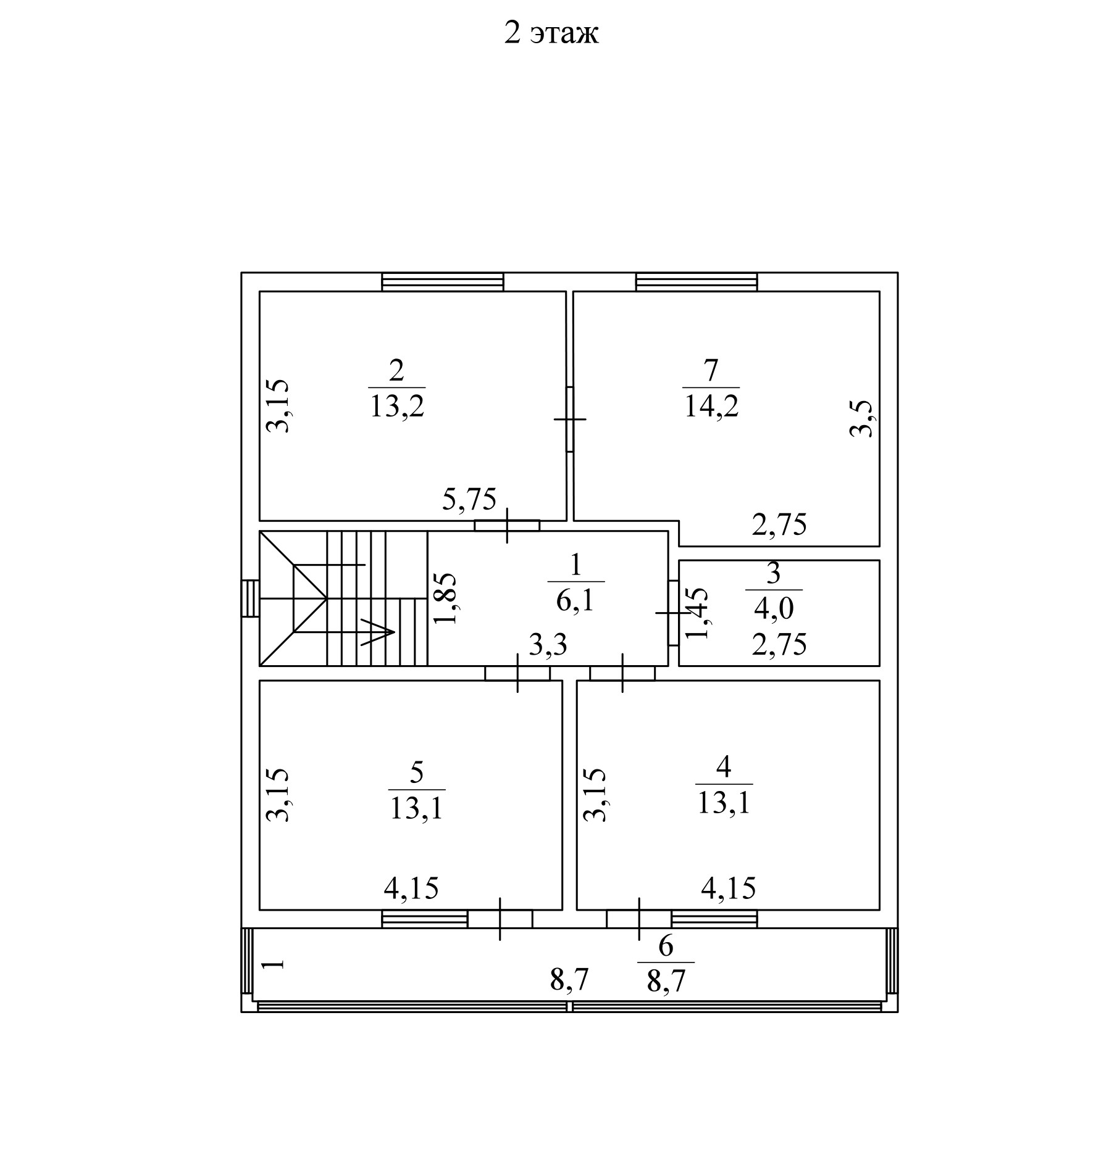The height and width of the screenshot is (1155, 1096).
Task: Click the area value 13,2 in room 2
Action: [x=397, y=407]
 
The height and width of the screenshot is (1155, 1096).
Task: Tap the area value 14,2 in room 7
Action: [x=711, y=407]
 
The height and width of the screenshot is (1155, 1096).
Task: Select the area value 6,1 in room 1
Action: [x=575, y=600]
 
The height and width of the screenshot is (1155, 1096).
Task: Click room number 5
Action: [x=417, y=772]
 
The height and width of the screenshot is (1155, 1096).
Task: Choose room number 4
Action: [x=724, y=768]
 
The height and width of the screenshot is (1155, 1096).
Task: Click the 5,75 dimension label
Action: [x=469, y=499]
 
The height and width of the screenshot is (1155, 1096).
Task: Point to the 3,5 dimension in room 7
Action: [x=862, y=419]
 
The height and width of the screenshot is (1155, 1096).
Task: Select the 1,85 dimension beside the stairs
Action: [x=445, y=598]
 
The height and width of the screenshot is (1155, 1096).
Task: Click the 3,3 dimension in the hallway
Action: [x=548, y=645]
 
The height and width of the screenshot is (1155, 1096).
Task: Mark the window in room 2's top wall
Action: [x=442, y=282]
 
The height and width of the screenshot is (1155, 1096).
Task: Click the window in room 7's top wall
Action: [x=697, y=282]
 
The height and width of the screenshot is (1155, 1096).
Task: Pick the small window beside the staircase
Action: [x=249, y=598]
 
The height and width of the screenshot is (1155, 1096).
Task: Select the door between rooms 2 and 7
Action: [x=569, y=420]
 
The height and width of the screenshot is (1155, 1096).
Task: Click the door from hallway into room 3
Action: [x=673, y=613]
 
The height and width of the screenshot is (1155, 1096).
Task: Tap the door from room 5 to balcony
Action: [x=500, y=919]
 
